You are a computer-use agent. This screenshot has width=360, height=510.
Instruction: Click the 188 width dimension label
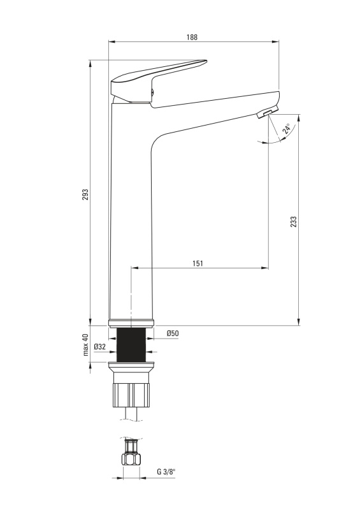click(192, 37)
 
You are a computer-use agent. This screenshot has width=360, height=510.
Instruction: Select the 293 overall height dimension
click(85, 194)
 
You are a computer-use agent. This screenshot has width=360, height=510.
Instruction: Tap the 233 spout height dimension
click(293, 221)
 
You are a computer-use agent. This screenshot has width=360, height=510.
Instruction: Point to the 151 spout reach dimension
click(198, 263)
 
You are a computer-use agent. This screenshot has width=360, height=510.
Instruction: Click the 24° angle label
click(287, 129)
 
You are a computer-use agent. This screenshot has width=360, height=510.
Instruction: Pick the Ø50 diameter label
click(173, 333)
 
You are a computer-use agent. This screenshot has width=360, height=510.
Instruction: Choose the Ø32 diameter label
click(100, 347)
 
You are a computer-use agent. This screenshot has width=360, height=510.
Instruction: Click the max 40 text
click(85, 345)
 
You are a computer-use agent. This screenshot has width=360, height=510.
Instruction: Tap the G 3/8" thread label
click(166, 472)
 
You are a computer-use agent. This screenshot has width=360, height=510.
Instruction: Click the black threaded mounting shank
click(131, 344)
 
